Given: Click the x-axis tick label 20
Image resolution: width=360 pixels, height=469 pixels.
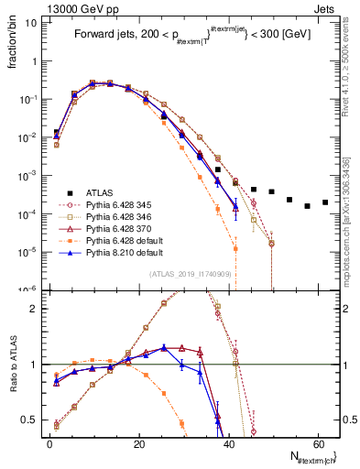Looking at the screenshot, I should [138, 442].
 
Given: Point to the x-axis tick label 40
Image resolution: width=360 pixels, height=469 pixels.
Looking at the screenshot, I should [228, 442].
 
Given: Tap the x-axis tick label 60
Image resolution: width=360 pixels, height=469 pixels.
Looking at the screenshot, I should [317, 442].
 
